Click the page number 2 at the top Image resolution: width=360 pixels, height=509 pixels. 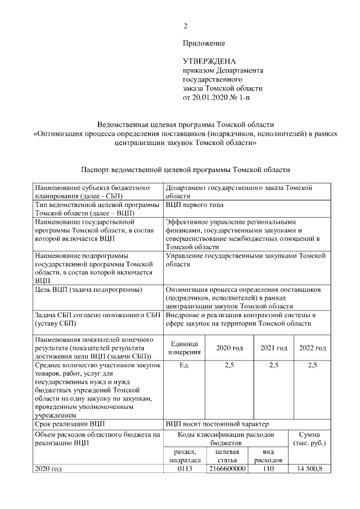click(185, 26)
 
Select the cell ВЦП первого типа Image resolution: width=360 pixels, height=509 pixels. click(191, 205)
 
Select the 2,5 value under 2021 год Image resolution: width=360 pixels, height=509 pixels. click(274, 366)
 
